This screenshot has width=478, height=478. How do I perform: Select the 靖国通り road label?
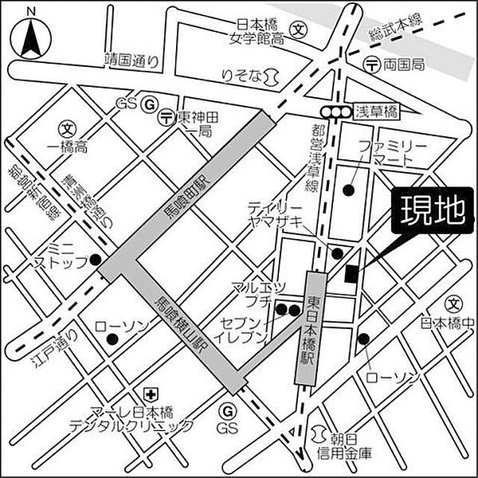coord(131,59)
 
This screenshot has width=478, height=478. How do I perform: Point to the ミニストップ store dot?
coord(95,259)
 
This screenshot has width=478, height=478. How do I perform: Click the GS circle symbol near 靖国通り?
coord(149,104)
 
